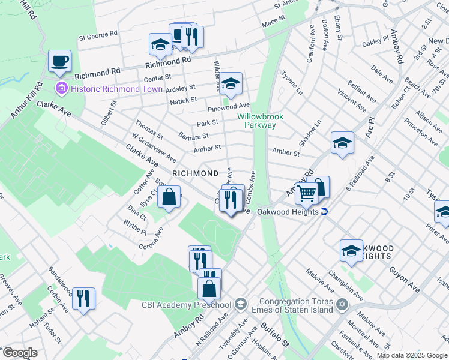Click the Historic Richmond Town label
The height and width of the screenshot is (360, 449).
(116, 89)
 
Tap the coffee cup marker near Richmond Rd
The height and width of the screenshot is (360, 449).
(59, 61)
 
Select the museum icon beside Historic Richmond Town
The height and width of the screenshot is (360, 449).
(61, 89)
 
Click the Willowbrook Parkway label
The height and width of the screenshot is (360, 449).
(256, 121)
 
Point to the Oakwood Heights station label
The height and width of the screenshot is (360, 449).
(287, 212)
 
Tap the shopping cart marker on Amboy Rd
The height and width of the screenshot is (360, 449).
(306, 194)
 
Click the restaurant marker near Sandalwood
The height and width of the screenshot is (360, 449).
(83, 298)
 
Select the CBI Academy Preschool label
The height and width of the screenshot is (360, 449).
(185, 304)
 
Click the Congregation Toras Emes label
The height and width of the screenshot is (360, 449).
(295, 305)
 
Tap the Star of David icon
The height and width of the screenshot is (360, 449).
(342, 305)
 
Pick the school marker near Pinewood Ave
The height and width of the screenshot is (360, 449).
(230, 85)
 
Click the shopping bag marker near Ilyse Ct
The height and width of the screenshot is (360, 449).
(170, 197)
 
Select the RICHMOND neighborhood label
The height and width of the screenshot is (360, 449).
(195, 173)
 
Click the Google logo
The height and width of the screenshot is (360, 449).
(19, 353)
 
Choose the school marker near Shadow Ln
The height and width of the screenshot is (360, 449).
(342, 143)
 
